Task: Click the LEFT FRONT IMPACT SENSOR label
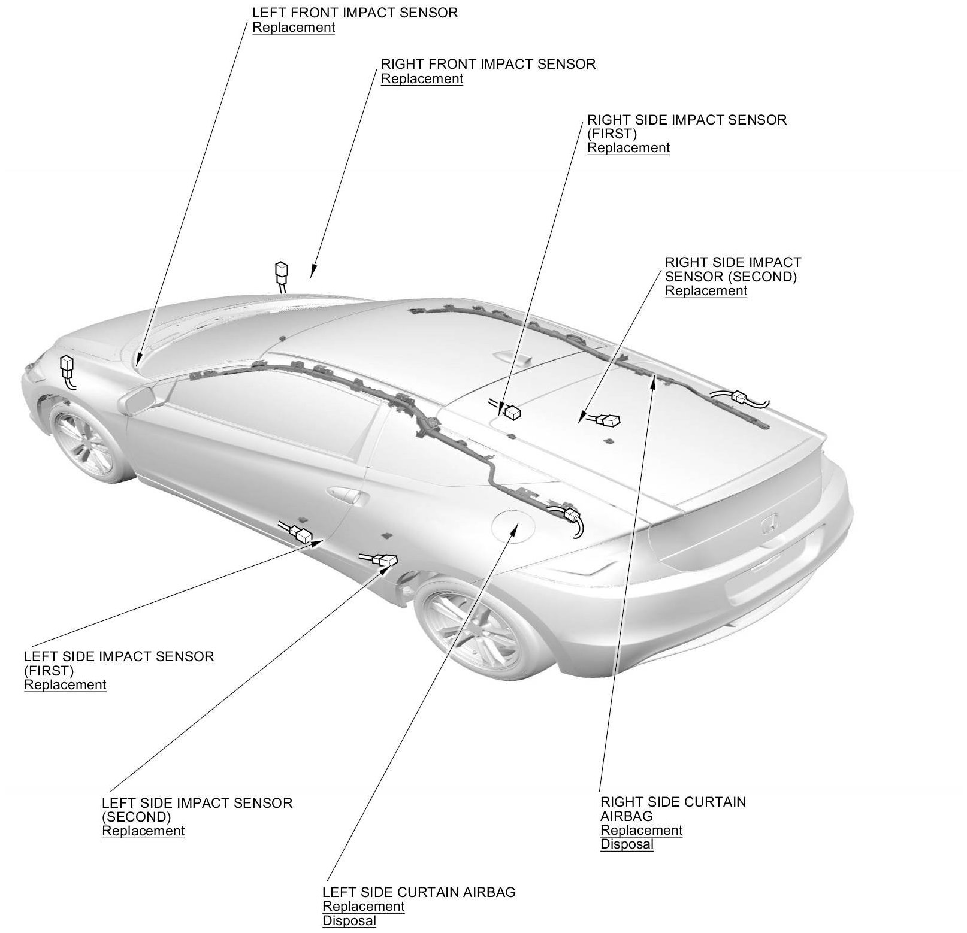(x=355, y=13)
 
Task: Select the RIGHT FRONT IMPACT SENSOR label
(x=488, y=64)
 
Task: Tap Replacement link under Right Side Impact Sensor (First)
(x=628, y=148)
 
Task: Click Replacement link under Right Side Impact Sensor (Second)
(x=706, y=291)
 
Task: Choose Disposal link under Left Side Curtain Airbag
(x=349, y=921)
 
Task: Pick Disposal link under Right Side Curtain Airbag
(x=627, y=844)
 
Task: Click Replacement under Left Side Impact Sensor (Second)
(x=143, y=831)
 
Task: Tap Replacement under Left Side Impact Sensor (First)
(x=65, y=685)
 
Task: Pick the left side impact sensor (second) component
(x=386, y=560)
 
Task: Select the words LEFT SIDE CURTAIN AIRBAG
(x=418, y=892)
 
